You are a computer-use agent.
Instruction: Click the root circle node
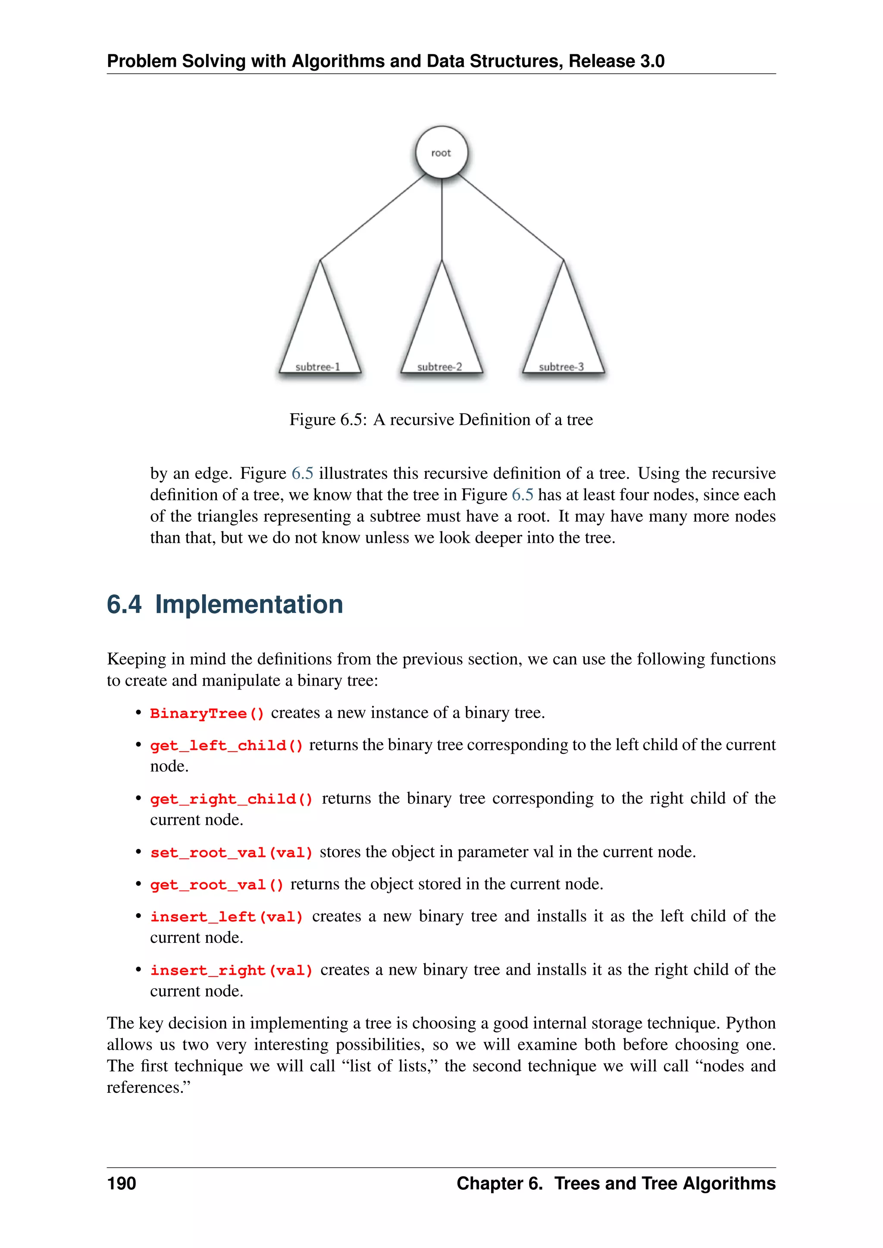(x=441, y=153)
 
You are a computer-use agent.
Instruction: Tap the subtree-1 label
(x=317, y=367)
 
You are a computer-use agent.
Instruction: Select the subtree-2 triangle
(x=441, y=326)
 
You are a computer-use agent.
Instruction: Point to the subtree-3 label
(x=561, y=367)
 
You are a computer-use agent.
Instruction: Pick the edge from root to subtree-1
(x=373, y=218)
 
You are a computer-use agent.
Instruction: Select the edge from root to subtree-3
(x=510, y=218)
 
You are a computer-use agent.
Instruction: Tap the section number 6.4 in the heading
(x=124, y=605)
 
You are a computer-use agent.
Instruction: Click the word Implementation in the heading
(x=249, y=605)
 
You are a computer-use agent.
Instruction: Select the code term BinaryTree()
(x=207, y=714)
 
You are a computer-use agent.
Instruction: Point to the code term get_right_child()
(x=231, y=799)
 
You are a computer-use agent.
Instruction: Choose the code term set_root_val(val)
(x=231, y=853)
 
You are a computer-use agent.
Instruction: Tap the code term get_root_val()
(x=216, y=885)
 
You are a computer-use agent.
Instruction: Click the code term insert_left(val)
(x=226, y=917)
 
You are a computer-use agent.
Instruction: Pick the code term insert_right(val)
(x=231, y=971)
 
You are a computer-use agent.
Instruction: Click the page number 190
(x=121, y=1184)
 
